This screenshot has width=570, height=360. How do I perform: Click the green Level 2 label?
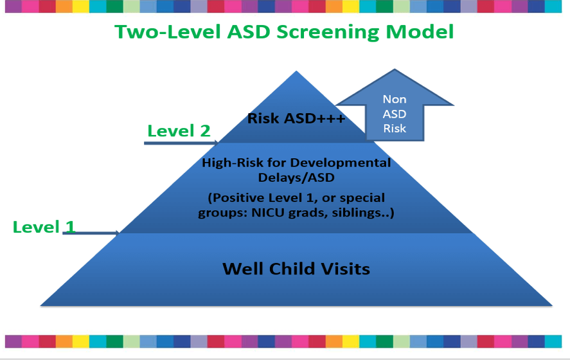[x=179, y=130]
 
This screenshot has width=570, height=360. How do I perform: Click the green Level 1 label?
[x=44, y=226]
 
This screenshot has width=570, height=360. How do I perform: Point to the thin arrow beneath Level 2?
[x=183, y=143]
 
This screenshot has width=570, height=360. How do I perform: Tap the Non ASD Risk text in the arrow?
[x=395, y=114]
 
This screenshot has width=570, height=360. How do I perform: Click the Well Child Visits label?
[x=296, y=268]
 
